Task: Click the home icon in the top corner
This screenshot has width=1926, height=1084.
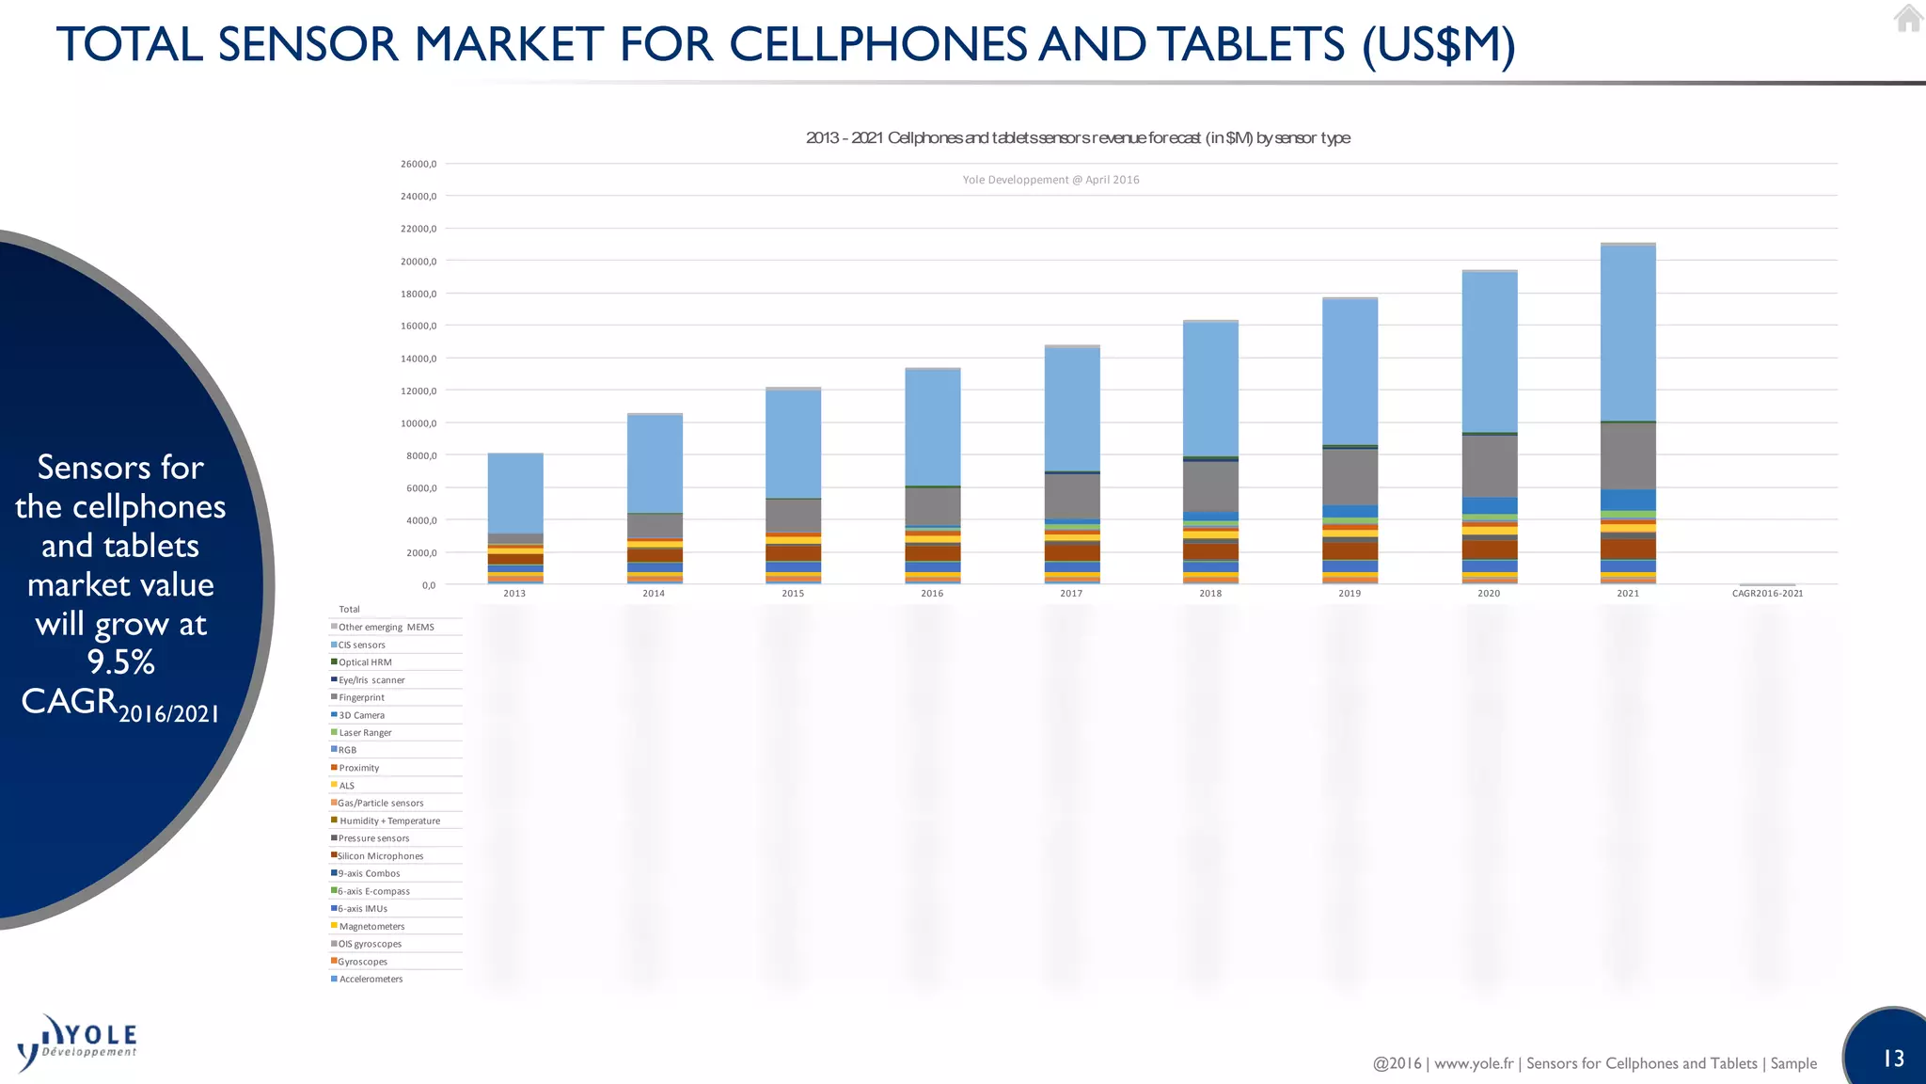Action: click(1908, 18)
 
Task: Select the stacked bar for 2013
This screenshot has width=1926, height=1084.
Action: click(515, 518)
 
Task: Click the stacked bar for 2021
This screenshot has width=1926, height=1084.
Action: click(1628, 414)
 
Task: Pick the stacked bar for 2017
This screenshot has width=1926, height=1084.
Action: click(1072, 465)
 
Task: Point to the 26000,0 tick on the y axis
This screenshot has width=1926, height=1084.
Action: click(418, 164)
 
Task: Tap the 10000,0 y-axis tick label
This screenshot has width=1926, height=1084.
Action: click(418, 423)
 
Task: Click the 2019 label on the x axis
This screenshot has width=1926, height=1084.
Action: click(1350, 594)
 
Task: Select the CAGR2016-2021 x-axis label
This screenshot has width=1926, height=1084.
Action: click(1767, 594)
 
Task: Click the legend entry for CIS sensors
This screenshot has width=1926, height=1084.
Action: click(361, 646)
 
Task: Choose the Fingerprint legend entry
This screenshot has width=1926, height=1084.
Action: click(361, 698)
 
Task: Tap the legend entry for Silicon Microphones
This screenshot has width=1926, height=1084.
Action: click(380, 856)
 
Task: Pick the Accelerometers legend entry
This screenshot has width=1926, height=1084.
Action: click(371, 980)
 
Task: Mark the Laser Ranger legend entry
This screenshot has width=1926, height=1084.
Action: click(365, 733)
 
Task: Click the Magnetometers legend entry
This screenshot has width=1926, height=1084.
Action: click(371, 927)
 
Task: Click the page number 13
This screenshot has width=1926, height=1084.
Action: click(1893, 1060)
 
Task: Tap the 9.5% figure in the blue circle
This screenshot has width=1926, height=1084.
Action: click(120, 662)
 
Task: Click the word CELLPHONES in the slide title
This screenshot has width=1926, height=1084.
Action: click(879, 45)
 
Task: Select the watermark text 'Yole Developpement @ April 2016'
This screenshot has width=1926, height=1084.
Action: click(1050, 180)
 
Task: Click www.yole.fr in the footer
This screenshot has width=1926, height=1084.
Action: click(1474, 1064)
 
